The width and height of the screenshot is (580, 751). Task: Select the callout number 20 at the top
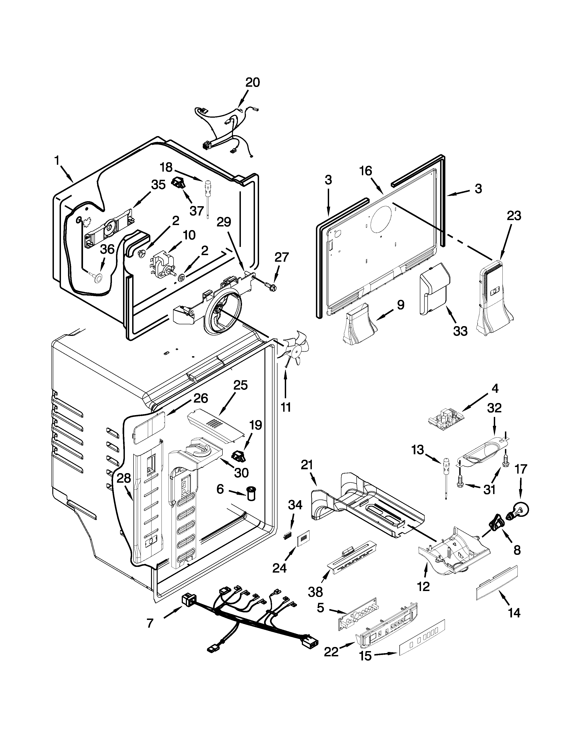[252, 83]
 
